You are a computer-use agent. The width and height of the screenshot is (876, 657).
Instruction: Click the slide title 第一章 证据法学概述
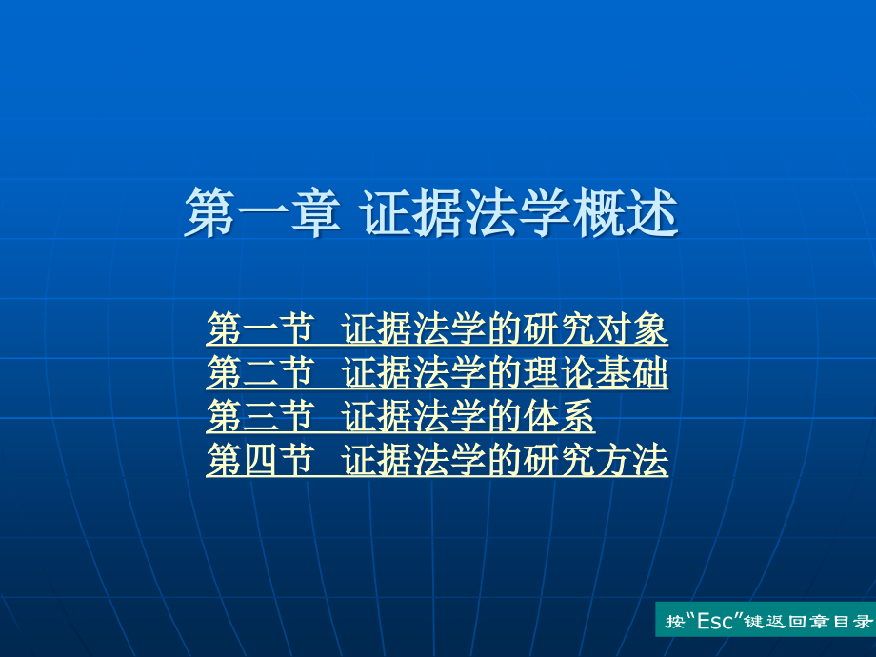[x=431, y=213]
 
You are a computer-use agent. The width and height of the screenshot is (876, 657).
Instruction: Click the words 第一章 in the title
[x=263, y=213]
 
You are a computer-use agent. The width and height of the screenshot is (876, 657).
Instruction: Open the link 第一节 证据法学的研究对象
[x=437, y=328]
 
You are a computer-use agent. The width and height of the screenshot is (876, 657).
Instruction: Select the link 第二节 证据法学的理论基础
[x=437, y=372]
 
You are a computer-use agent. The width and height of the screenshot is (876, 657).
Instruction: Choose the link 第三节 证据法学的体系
[x=400, y=416]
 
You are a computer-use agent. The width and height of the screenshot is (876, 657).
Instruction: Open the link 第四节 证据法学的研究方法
[x=437, y=460]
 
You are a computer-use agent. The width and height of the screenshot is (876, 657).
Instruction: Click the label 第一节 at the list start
[x=260, y=328]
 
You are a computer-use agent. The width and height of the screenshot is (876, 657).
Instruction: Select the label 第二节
[x=260, y=372]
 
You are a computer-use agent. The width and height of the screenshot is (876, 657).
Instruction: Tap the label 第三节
[x=260, y=416]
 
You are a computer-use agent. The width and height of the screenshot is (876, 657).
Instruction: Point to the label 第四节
[x=260, y=460]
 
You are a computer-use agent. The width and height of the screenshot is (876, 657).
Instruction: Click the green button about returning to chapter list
[x=766, y=620]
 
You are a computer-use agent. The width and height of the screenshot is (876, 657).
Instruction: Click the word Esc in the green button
[x=716, y=621]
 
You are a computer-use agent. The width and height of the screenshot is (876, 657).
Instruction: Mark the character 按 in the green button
[x=674, y=621]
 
